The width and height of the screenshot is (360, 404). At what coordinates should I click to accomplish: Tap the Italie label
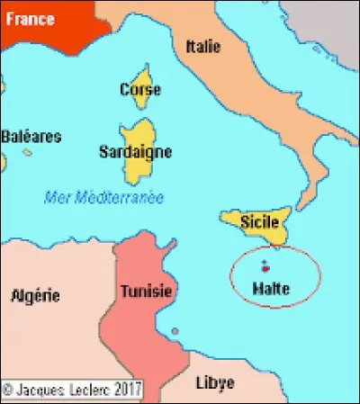(x=202, y=46)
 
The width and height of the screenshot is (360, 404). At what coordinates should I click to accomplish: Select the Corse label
(x=140, y=89)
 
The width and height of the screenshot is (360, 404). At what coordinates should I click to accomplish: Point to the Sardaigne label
(x=135, y=152)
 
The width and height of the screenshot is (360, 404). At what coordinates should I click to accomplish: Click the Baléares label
(x=31, y=137)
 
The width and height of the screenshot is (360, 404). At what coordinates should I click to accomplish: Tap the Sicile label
(x=259, y=220)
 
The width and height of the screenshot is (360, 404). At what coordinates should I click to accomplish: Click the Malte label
(x=271, y=288)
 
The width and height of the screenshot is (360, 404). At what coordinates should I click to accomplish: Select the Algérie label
(x=35, y=294)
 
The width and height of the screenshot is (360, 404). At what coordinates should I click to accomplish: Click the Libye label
(x=214, y=382)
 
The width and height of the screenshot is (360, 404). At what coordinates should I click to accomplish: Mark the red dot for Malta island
(x=265, y=269)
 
